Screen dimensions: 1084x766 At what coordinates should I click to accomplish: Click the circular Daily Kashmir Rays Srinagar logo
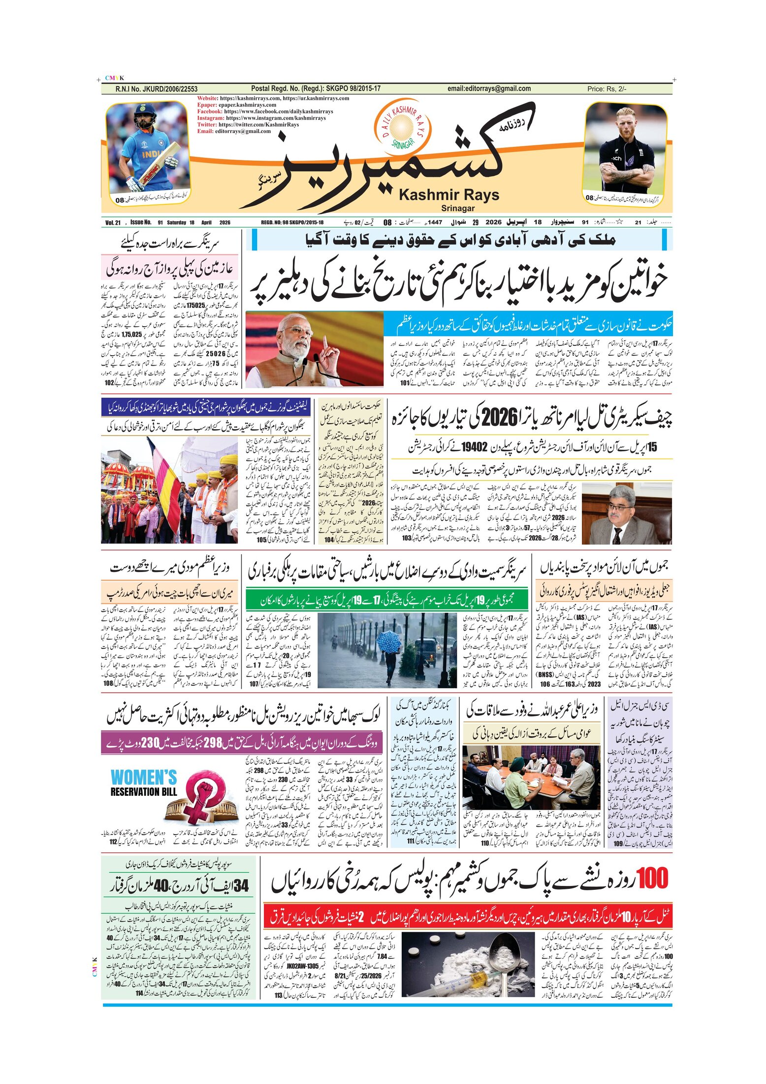coord(403,126)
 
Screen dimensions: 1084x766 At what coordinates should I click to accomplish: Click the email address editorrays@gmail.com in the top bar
coord(489,89)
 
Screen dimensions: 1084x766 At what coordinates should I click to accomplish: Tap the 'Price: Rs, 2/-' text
coord(606,89)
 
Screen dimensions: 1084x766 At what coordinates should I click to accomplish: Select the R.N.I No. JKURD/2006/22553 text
coord(156,89)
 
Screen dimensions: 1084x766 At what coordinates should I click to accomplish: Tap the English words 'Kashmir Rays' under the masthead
coord(449,195)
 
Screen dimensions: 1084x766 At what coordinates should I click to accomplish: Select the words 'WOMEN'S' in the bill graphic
coord(144,778)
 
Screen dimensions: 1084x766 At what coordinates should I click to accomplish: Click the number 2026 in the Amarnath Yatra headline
coord(501,418)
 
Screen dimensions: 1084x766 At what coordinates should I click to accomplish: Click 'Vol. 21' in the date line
coord(113,223)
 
